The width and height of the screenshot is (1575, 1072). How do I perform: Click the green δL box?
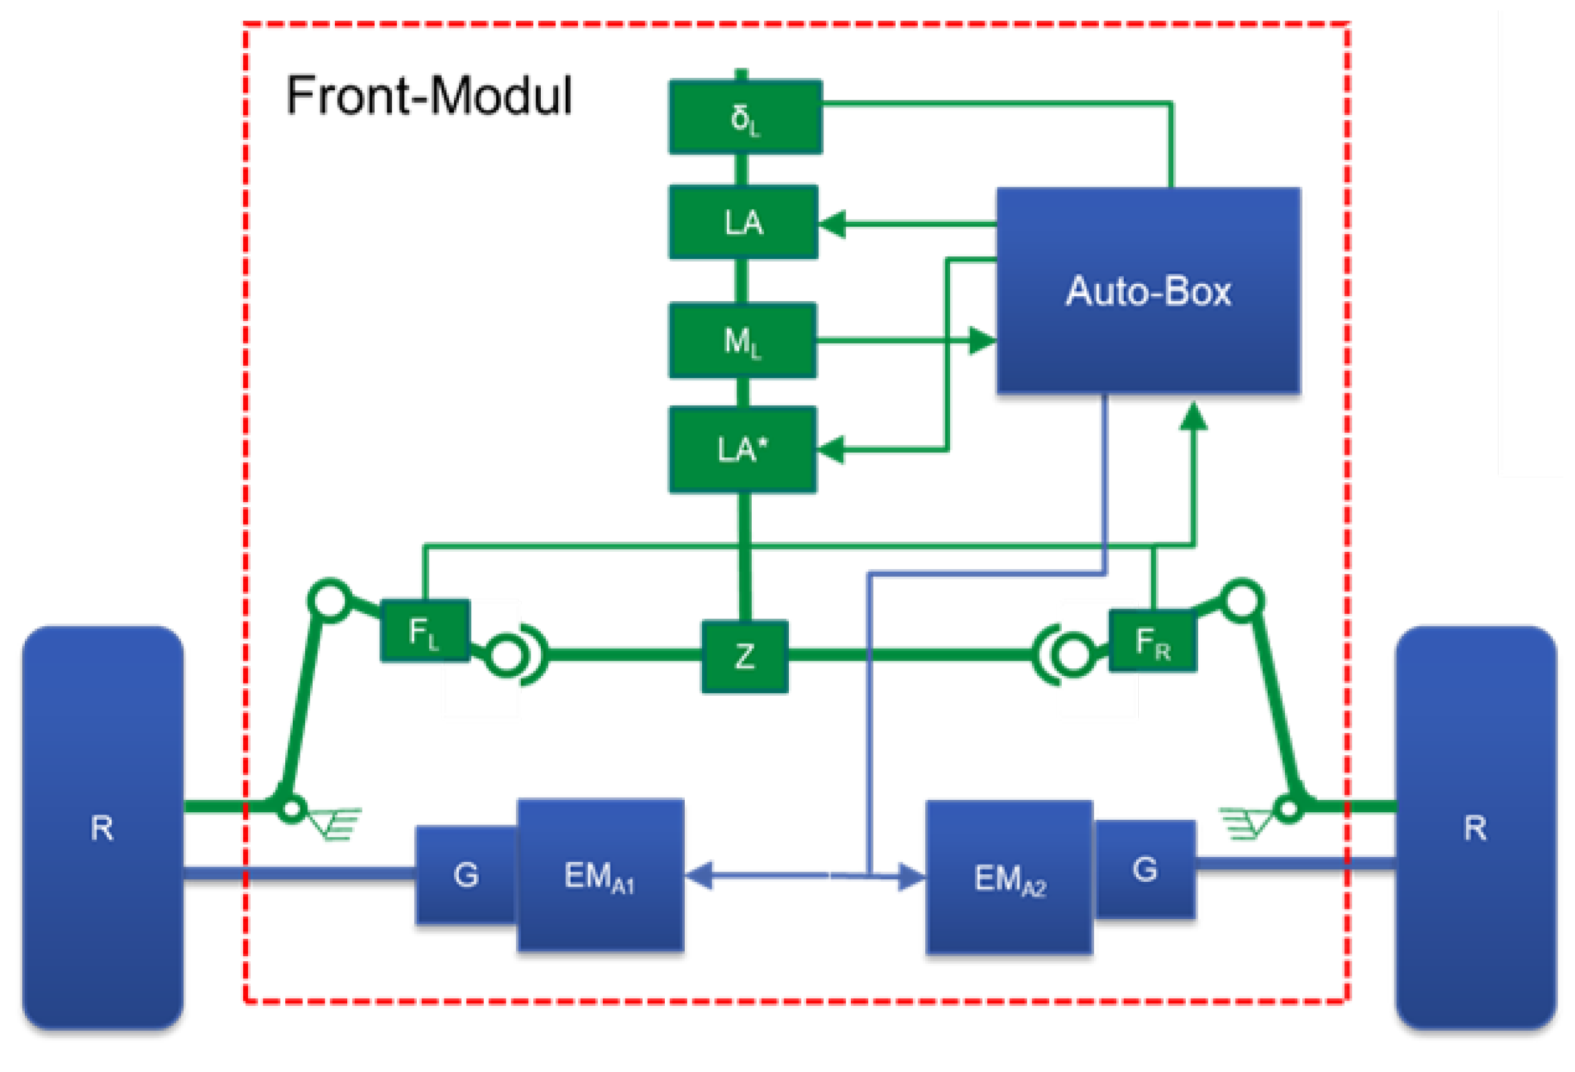pyautogui.click(x=745, y=117)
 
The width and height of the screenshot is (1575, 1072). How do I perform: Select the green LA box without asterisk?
pyautogui.click(x=743, y=222)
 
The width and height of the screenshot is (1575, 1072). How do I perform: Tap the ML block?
pyautogui.click(x=743, y=340)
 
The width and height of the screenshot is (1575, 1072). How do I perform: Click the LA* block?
pyautogui.click(x=743, y=449)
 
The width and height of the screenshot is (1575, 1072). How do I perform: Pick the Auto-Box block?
pyautogui.click(x=1148, y=290)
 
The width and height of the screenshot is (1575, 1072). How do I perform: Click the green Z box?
pyautogui.click(x=745, y=656)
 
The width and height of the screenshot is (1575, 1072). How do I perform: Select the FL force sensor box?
pyautogui.click(x=425, y=630)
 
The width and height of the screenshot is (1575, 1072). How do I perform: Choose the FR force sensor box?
pyautogui.click(x=1152, y=640)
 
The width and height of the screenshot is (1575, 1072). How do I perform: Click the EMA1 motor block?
pyautogui.click(x=600, y=875)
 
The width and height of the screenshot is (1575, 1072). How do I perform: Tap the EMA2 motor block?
pyautogui.click(x=1009, y=878)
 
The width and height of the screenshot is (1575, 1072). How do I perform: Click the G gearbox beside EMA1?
pyautogui.click(x=466, y=875)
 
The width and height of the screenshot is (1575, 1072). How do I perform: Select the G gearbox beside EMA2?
pyautogui.click(x=1144, y=869)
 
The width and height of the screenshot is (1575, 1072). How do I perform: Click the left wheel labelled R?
pyautogui.click(x=103, y=827)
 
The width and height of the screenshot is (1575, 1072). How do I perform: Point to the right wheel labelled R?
pyautogui.click(x=1475, y=827)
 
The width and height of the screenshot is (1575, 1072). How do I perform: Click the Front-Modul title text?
pyautogui.click(x=429, y=95)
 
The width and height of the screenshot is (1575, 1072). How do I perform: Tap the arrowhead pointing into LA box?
pyautogui.click(x=832, y=224)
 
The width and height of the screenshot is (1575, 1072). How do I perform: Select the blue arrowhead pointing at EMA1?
pyautogui.click(x=699, y=875)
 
